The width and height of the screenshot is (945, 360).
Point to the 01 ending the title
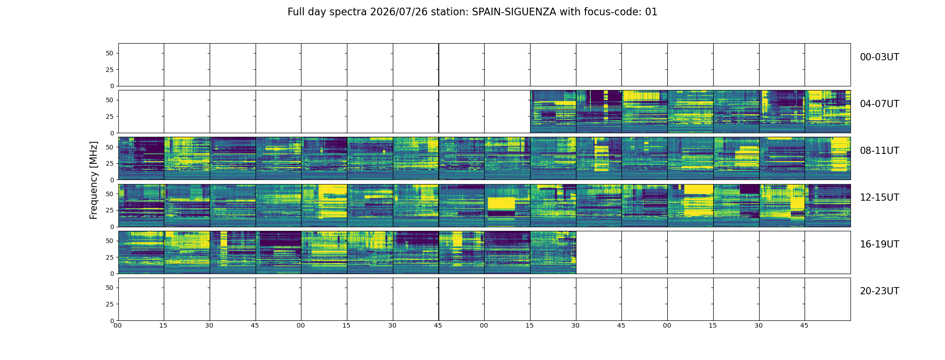click(x=652, y=12)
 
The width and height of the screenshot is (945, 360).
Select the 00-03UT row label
click(x=879, y=57)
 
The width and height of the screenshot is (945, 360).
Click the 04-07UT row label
click(x=879, y=104)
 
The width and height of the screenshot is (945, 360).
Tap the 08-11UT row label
click(x=879, y=151)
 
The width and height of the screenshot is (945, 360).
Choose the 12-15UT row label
click(x=879, y=198)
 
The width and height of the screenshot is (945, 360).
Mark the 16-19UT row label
click(x=879, y=244)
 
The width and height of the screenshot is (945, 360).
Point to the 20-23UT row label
click(x=879, y=291)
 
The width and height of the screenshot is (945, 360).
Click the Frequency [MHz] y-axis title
click(x=94, y=180)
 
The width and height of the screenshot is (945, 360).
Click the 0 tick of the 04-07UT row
click(x=112, y=133)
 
